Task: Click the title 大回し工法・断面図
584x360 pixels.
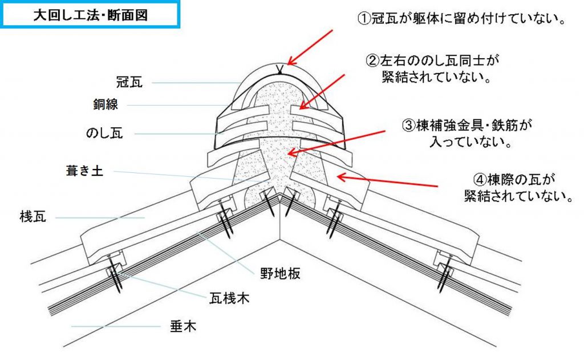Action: pos(91,15)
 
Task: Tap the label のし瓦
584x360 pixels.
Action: pos(104,134)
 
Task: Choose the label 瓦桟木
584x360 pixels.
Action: pos(229,297)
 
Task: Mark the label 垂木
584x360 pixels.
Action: pos(183,326)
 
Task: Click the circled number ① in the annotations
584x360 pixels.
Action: pos(364,19)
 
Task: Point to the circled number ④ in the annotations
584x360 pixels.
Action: pos(480,179)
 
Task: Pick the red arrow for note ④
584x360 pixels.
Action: pos(388,181)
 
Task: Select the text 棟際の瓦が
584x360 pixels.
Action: pos(520,179)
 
